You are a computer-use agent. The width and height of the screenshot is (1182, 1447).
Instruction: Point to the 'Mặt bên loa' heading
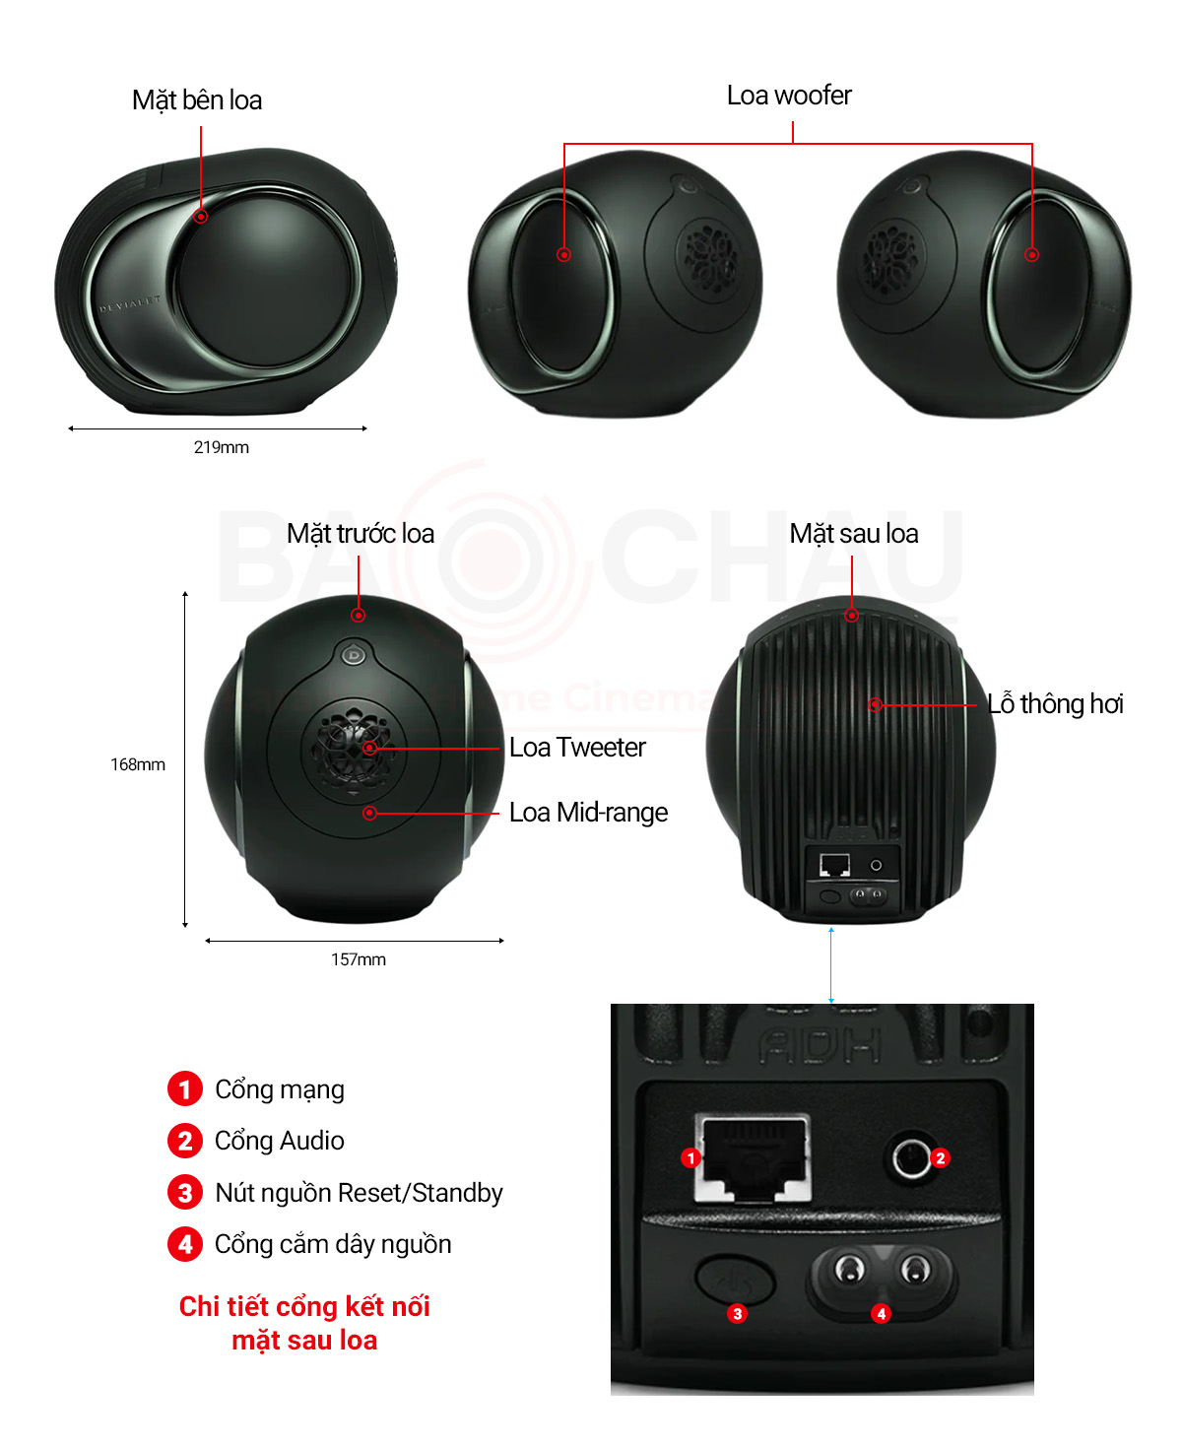[x=196, y=99]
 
